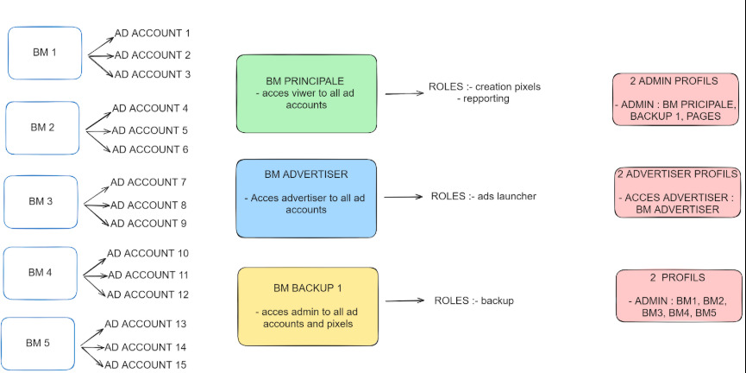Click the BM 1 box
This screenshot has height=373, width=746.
[x=45, y=53]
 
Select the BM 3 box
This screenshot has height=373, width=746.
[x=41, y=201]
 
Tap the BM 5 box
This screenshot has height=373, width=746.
[x=38, y=343]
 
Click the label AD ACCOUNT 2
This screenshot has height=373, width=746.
[x=153, y=55]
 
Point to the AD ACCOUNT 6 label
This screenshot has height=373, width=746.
[x=150, y=149]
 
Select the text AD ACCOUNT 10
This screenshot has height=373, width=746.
[x=148, y=254]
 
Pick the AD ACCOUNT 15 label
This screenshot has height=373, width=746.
[x=146, y=365]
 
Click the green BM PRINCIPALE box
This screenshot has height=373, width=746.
[x=306, y=93]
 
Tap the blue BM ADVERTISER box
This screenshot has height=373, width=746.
[x=306, y=199]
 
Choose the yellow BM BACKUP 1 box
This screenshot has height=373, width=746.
[x=308, y=307]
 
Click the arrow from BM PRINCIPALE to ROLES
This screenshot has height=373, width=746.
[x=404, y=93]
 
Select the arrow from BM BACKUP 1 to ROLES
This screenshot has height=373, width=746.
[x=404, y=300]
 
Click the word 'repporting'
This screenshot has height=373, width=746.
[x=486, y=98]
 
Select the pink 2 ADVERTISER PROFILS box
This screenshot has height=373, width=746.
[x=678, y=193]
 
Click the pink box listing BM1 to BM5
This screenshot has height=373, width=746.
[x=679, y=296]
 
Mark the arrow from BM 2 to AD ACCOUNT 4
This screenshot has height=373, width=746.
[x=98, y=119]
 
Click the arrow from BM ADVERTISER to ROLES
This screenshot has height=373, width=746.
[x=404, y=197]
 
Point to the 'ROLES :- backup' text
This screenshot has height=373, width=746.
[x=473, y=301]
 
